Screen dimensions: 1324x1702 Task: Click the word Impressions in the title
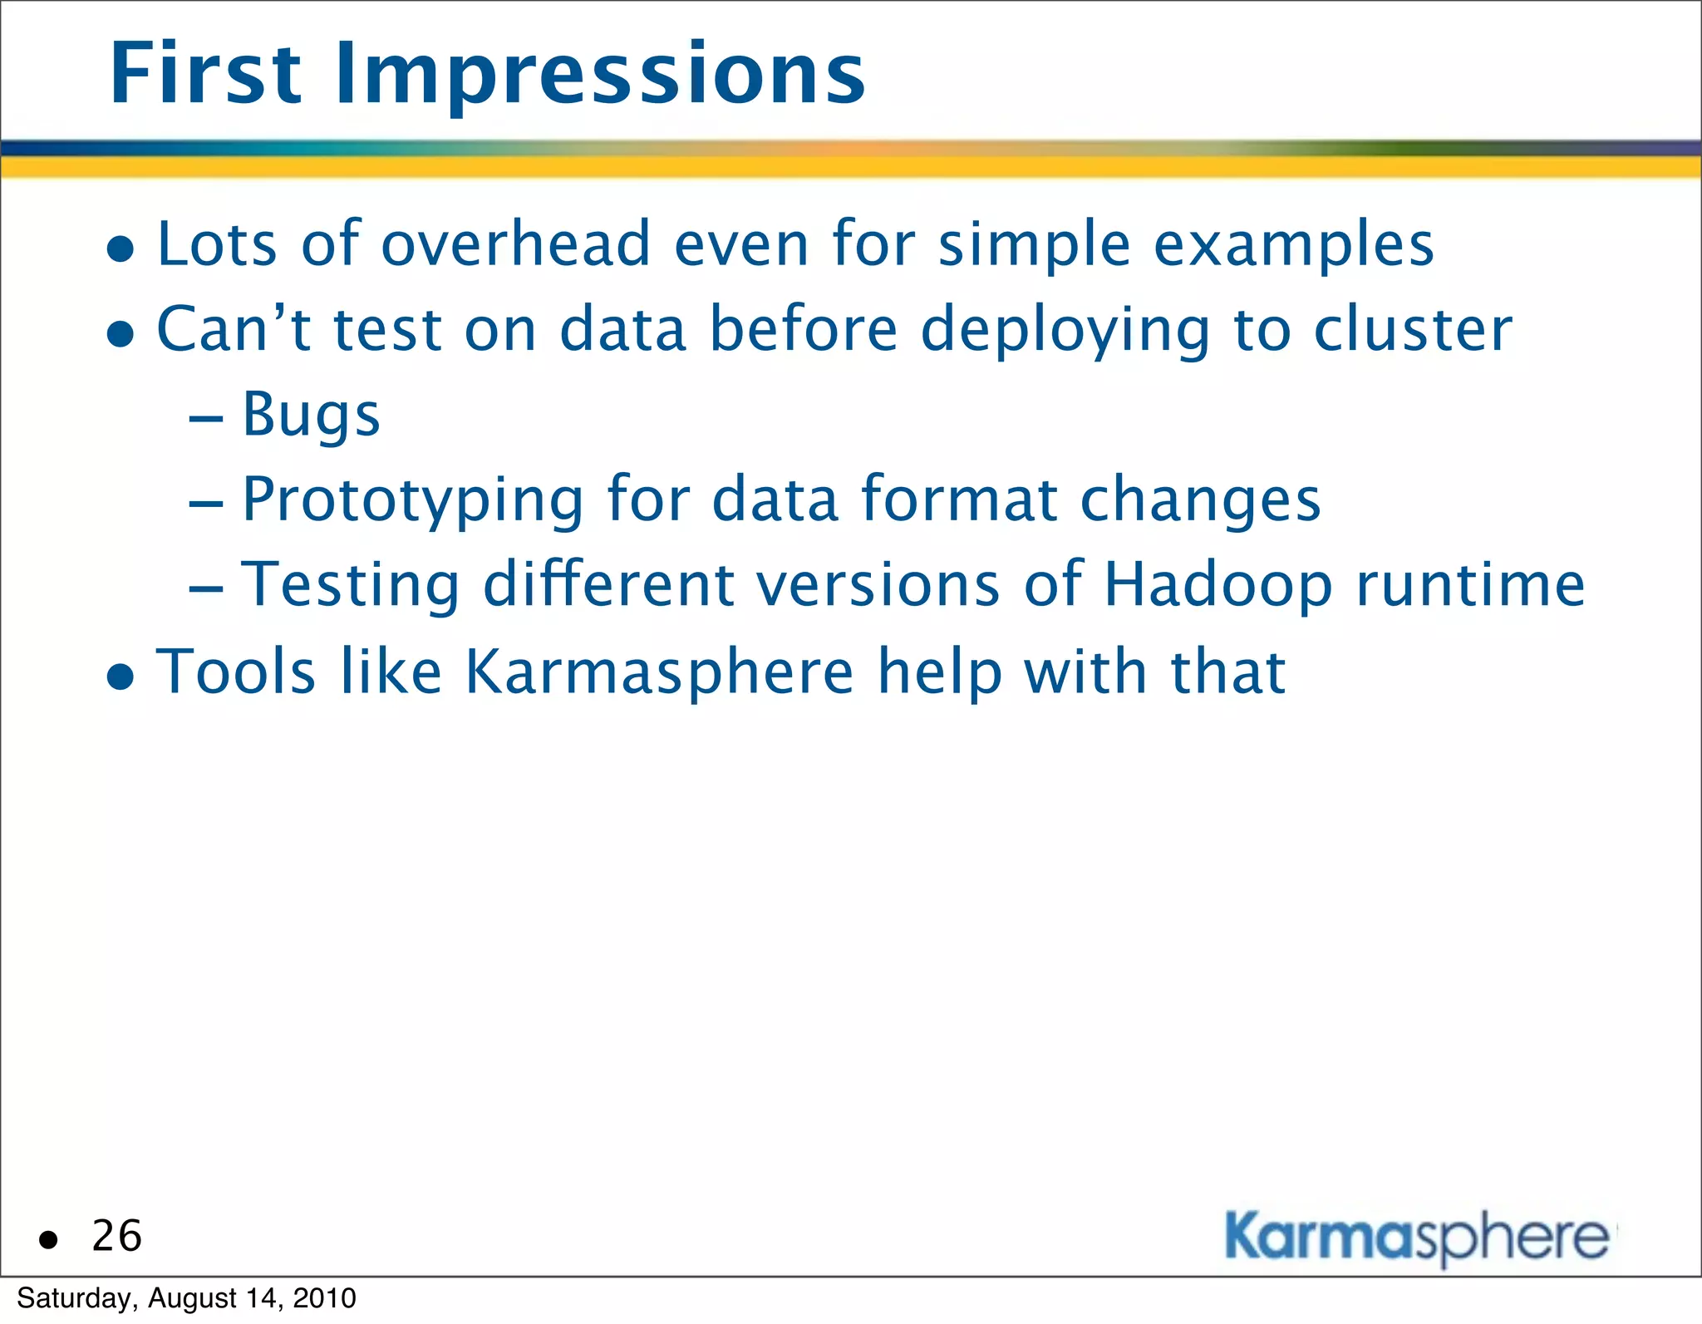coord(600,76)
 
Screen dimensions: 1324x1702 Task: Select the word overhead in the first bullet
coord(515,244)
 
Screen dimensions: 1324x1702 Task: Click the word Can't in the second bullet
coord(234,329)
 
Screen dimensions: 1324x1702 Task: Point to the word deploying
coord(1065,331)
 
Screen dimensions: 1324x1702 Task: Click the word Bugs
coord(311,416)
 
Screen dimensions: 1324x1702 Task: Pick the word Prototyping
coord(413,500)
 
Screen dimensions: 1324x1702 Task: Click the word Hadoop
coord(1218,585)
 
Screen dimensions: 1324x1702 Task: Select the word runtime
coord(1470,585)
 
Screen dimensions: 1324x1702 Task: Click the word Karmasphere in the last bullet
coord(659,672)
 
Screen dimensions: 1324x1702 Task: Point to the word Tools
coord(236,672)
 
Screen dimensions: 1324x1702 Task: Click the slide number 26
coord(117,1236)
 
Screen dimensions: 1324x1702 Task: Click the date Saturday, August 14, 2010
coord(186,1298)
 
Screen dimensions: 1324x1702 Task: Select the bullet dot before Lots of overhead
coord(121,248)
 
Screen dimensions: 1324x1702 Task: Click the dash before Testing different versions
coord(206,589)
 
